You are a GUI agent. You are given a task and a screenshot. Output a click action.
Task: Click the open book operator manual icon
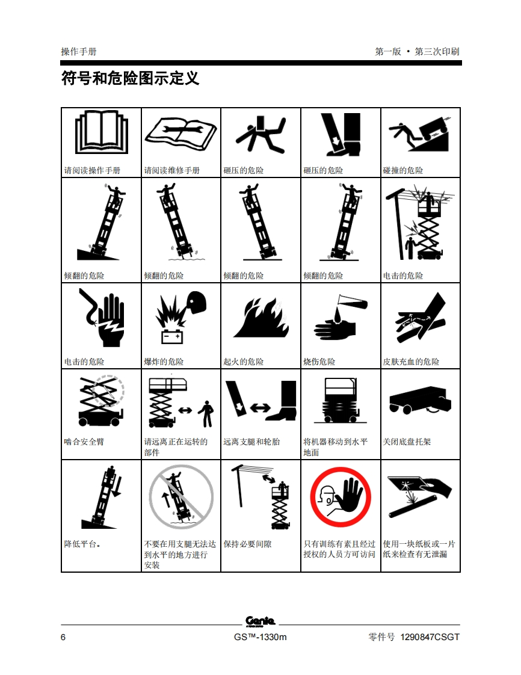[102, 132]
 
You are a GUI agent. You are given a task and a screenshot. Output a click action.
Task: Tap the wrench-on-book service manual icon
[181, 133]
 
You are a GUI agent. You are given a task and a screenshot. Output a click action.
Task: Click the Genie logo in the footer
[260, 621]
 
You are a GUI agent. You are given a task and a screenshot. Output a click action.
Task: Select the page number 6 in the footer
[63, 637]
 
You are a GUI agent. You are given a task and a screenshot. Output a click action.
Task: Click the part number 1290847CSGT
[430, 637]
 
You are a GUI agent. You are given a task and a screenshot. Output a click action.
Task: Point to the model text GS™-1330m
[260, 637]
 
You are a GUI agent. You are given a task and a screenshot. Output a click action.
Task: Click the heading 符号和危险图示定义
[130, 78]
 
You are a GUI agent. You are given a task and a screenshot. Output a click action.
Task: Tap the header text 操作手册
[79, 52]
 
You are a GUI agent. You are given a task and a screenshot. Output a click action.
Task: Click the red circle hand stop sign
[341, 497]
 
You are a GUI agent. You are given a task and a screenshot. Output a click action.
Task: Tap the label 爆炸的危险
[164, 362]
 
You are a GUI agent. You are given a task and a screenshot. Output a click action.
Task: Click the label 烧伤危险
[319, 362]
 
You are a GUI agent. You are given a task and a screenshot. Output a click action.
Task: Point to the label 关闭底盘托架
[407, 442]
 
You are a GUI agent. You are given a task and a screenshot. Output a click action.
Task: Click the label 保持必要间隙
[248, 544]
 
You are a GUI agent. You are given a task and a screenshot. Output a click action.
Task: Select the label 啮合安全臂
[84, 442]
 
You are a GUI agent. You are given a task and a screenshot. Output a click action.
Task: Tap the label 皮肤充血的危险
[411, 362]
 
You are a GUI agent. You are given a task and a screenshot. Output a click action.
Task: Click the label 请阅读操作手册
[92, 170]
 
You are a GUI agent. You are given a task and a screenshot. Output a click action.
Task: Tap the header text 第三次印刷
[437, 52]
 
